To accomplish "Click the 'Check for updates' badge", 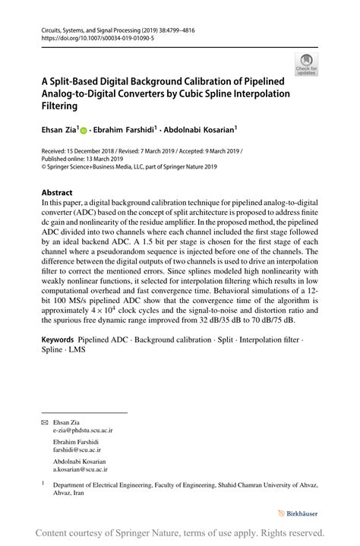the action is click(x=307, y=65).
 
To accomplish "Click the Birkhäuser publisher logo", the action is click(x=301, y=514).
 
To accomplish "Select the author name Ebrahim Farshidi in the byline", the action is click(x=123, y=129).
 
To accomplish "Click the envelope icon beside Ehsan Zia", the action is click(x=44, y=421).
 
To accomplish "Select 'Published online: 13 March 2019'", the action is click(x=88, y=159).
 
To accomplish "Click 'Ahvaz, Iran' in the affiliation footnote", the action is click(x=69, y=492).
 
